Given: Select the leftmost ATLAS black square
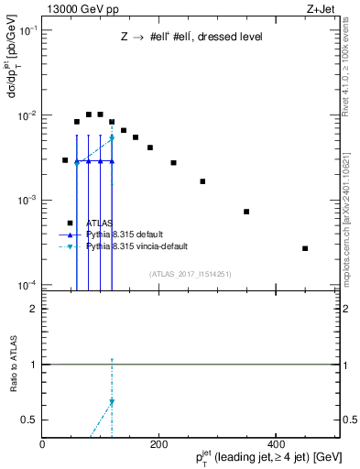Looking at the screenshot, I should tap(65, 160).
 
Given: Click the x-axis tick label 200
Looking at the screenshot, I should tap(158, 442).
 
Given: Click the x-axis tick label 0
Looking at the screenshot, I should tap(43, 442).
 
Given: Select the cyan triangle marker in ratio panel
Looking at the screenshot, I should tap(112, 401).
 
